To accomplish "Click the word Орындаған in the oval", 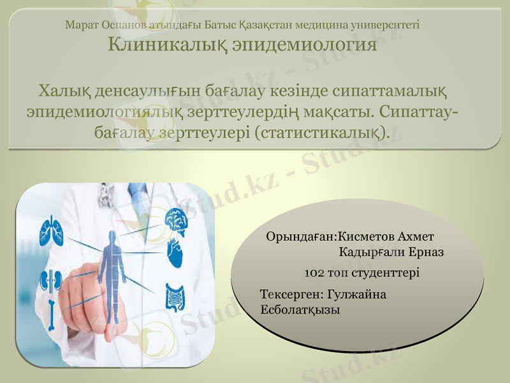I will point(300,236).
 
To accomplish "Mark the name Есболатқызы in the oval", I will point(300,310).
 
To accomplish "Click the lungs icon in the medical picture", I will point(49,229).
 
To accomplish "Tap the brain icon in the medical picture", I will point(175,219).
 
